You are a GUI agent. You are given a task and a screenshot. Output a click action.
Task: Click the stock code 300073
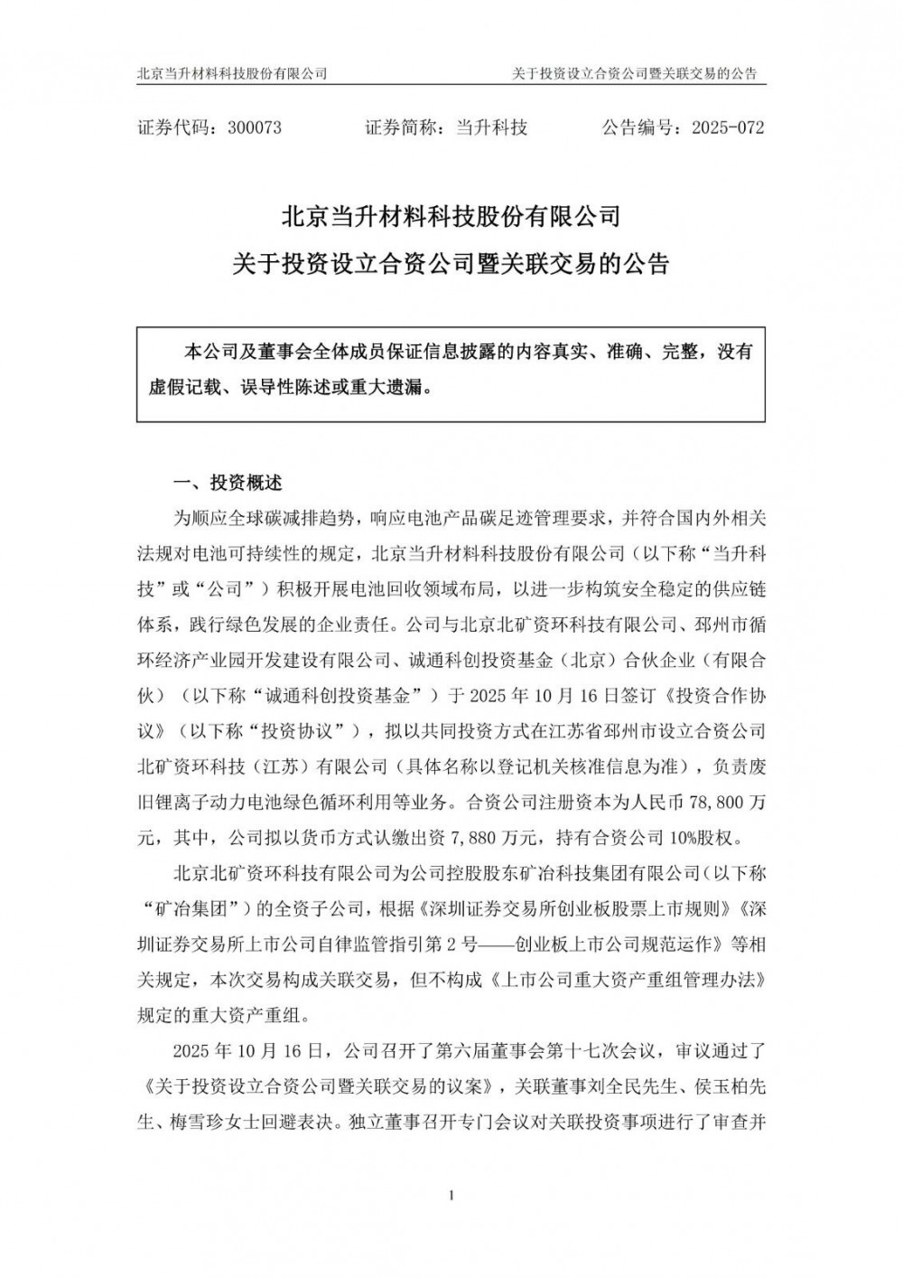[255, 127]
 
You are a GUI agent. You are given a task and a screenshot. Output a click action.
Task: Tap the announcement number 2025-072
[727, 127]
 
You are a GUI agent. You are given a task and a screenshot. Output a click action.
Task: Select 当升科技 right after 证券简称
[490, 127]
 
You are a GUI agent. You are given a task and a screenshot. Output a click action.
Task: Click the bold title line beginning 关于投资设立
[451, 265]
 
